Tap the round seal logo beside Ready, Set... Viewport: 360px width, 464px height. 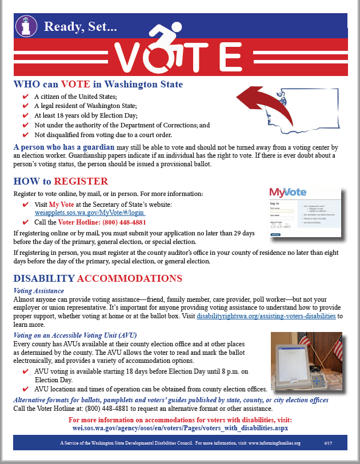26,26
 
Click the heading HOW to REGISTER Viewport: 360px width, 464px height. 61,182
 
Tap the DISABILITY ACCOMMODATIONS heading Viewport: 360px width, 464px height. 97,279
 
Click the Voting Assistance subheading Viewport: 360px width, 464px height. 39,291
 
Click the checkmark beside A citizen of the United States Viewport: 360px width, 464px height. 25,97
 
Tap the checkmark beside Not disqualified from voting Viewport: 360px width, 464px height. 25,135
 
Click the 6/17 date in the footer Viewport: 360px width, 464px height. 327,443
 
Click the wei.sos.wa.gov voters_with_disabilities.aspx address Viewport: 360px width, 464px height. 180,427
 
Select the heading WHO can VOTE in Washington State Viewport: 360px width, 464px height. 98,85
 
